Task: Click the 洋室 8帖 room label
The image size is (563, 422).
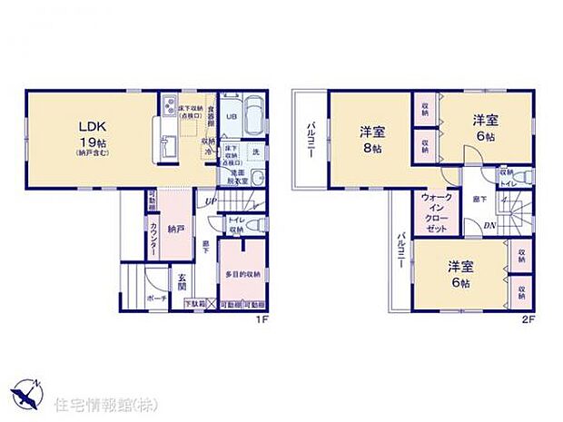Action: (x=371, y=139)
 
